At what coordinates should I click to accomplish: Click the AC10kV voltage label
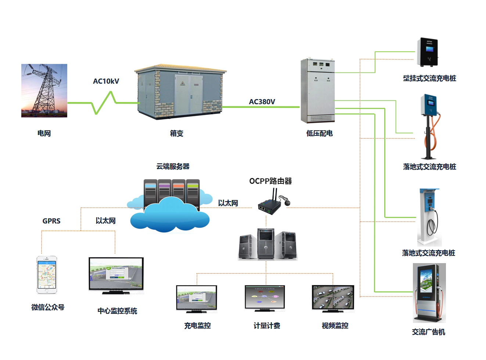106,81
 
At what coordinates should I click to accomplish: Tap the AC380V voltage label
262,102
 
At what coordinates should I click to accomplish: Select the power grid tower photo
44,90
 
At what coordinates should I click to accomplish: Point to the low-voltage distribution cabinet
318,90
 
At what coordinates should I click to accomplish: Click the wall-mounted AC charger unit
428,52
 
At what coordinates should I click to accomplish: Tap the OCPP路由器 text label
271,181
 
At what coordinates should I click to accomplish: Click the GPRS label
51,221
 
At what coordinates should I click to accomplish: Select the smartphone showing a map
47,274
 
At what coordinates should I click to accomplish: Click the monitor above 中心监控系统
116,276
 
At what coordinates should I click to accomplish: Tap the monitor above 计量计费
265,298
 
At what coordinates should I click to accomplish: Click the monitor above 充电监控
197,299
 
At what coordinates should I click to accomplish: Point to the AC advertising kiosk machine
429,293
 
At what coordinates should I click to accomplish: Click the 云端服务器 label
173,167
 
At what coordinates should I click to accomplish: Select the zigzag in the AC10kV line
104,103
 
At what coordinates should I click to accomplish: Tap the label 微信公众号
48,307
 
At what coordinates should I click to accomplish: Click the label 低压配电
320,133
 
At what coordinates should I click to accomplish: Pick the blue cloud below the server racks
170,215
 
